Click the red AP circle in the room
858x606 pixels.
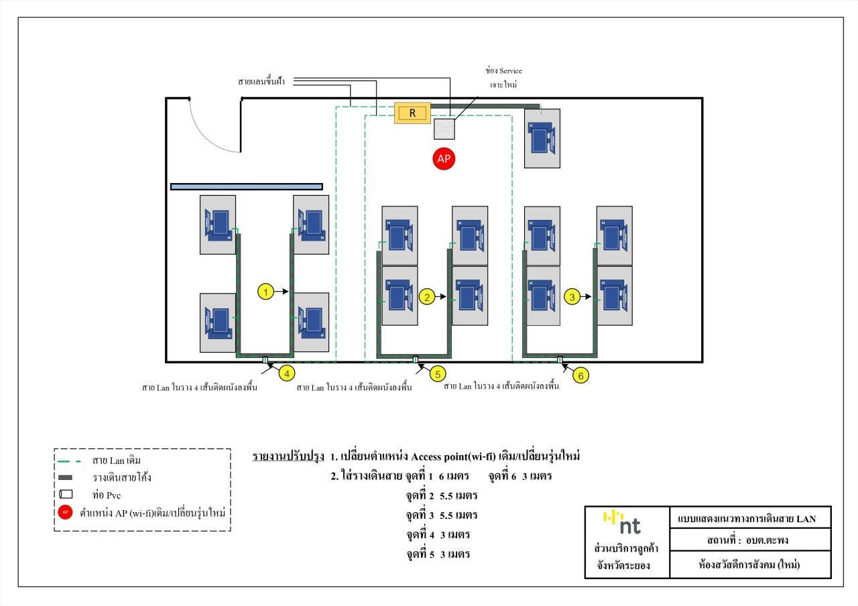pyautogui.click(x=443, y=158)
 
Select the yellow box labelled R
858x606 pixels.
pyautogui.click(x=413, y=113)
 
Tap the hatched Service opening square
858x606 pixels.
pyautogui.click(x=444, y=127)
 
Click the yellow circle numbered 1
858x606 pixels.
pyautogui.click(x=266, y=292)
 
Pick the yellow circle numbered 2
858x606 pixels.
pyautogui.click(x=427, y=296)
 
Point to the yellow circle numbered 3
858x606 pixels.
pyautogui.click(x=572, y=296)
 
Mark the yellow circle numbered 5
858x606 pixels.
pyautogui.click(x=436, y=373)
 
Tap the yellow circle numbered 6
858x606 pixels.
pyautogui.click(x=581, y=375)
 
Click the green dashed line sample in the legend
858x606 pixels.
pyautogui.click(x=66, y=461)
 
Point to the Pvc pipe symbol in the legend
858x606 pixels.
pyautogui.click(x=66, y=495)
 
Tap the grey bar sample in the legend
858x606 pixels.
pyautogui.click(x=66, y=479)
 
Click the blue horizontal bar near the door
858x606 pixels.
pyautogui.click(x=247, y=186)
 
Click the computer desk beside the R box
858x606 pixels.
pyautogui.click(x=542, y=138)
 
